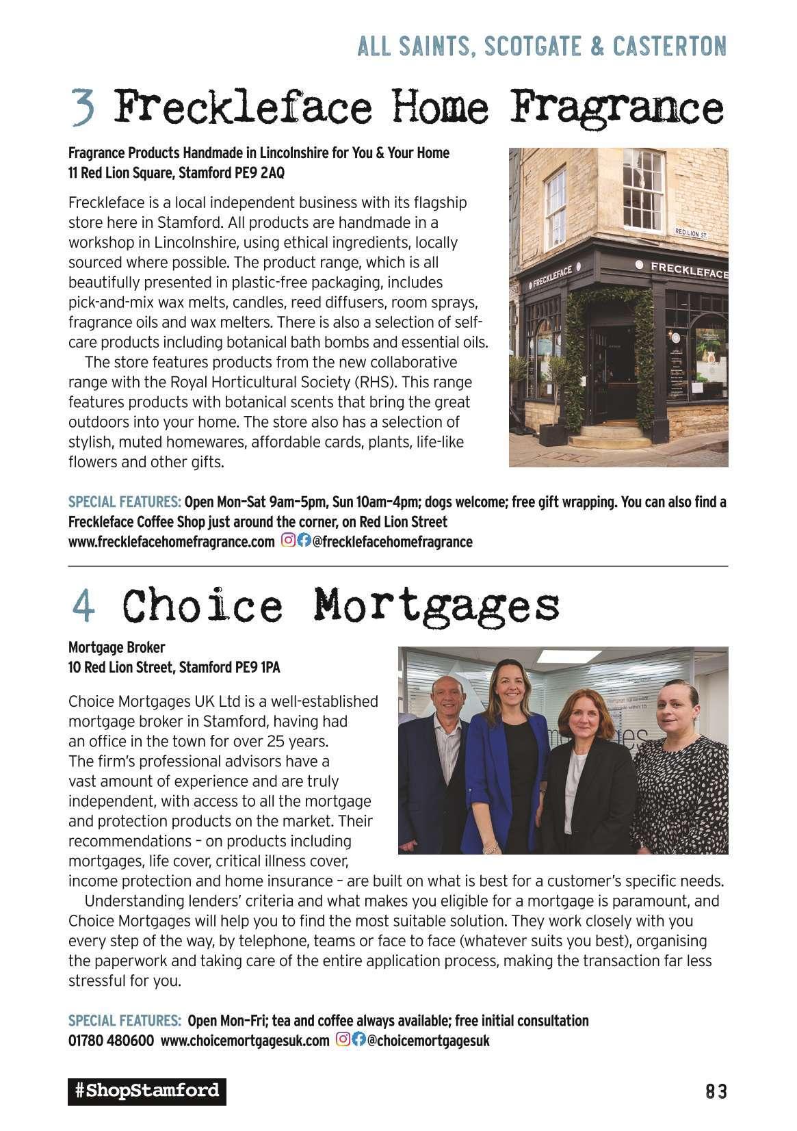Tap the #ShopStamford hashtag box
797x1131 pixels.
(x=146, y=1091)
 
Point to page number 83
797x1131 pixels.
(x=716, y=1091)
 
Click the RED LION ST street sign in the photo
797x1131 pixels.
(x=690, y=233)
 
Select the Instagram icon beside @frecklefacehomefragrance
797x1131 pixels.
(x=289, y=541)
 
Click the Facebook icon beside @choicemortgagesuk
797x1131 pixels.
(x=358, y=1040)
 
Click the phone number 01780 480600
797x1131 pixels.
(x=111, y=1041)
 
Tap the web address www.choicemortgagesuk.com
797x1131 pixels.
(x=244, y=1041)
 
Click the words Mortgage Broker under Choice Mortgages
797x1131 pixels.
(x=116, y=647)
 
